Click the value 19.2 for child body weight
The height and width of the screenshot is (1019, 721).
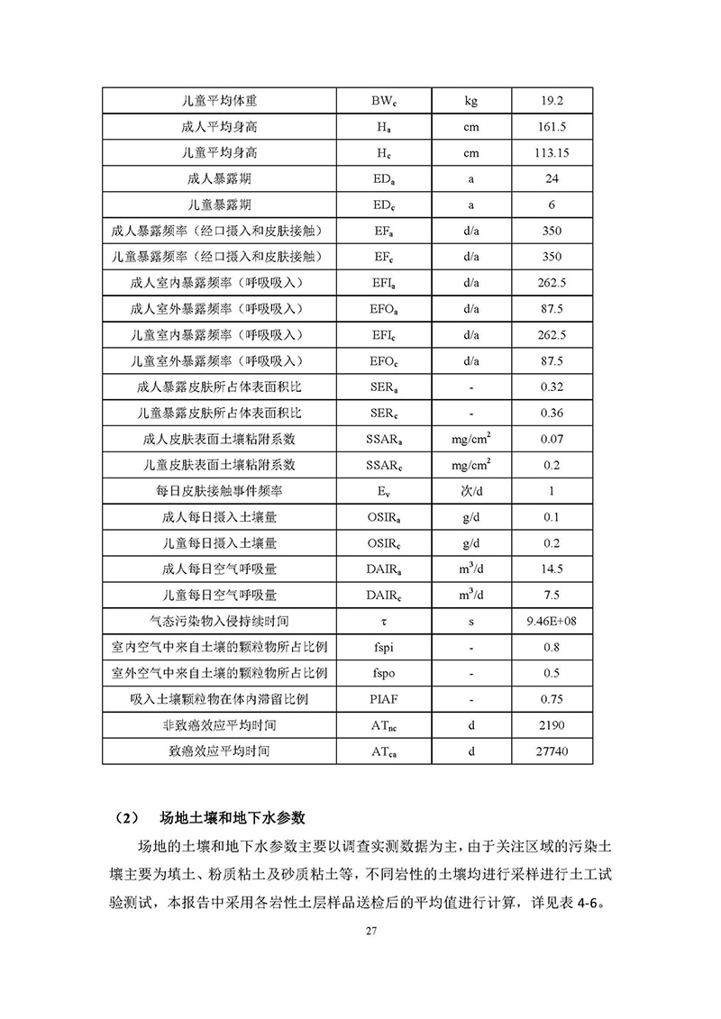pos(552,101)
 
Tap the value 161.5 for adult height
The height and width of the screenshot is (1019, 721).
pos(552,127)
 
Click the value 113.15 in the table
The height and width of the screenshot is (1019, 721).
pos(552,153)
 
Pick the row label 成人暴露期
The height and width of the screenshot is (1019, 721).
pos(219,179)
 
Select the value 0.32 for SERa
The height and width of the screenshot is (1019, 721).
pos(552,387)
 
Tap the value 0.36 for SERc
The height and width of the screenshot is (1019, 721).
pos(552,414)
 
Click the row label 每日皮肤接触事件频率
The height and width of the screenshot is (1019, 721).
pos(219,491)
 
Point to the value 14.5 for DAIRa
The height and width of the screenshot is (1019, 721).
pos(552,569)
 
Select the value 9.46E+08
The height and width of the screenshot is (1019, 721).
pos(552,621)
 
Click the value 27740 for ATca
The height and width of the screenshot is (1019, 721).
pos(552,751)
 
